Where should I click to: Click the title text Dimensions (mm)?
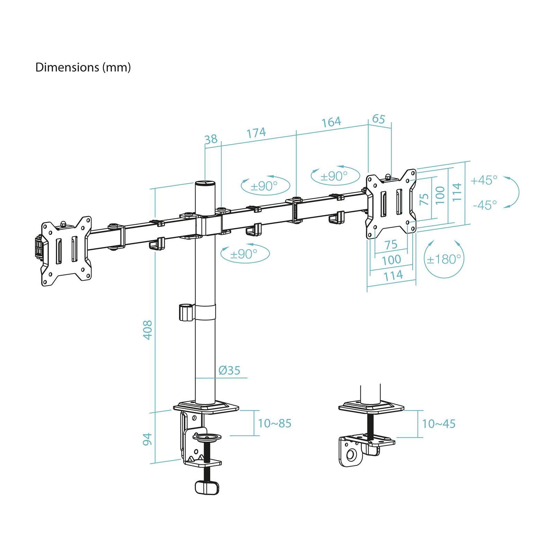tap(83, 67)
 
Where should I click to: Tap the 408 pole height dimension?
tap(148, 330)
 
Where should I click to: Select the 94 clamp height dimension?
tap(148, 439)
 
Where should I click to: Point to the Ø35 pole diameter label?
tap(229, 370)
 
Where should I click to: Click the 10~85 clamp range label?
tap(275, 423)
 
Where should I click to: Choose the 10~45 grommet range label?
tap(439, 423)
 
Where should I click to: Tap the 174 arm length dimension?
tap(256, 133)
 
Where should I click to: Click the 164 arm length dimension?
tap(331, 122)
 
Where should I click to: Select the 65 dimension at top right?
tap(378, 119)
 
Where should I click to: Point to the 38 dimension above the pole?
tap(211, 139)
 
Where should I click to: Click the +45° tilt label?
tap(484, 180)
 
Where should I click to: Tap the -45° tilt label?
tap(485, 205)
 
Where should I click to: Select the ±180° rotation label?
tap(444, 259)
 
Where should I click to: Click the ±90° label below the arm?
tap(244, 254)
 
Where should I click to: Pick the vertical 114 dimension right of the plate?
tap(457, 192)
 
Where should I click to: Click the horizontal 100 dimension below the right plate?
tap(391, 260)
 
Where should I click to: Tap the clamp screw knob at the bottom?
tap(207, 488)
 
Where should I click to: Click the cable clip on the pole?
tap(186, 312)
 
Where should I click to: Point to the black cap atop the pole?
tap(205, 183)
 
